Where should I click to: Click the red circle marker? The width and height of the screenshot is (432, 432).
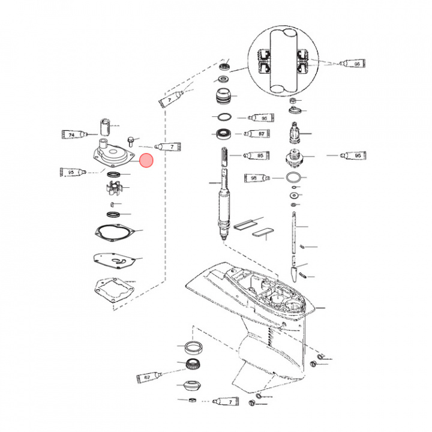(x=146, y=160)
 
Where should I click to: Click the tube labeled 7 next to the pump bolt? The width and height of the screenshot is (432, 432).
(x=167, y=146)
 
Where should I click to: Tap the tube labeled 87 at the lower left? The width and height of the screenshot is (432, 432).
(x=151, y=378)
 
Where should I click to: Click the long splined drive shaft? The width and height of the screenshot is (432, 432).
(x=224, y=198)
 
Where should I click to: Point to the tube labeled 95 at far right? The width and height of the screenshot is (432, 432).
(x=353, y=155)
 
